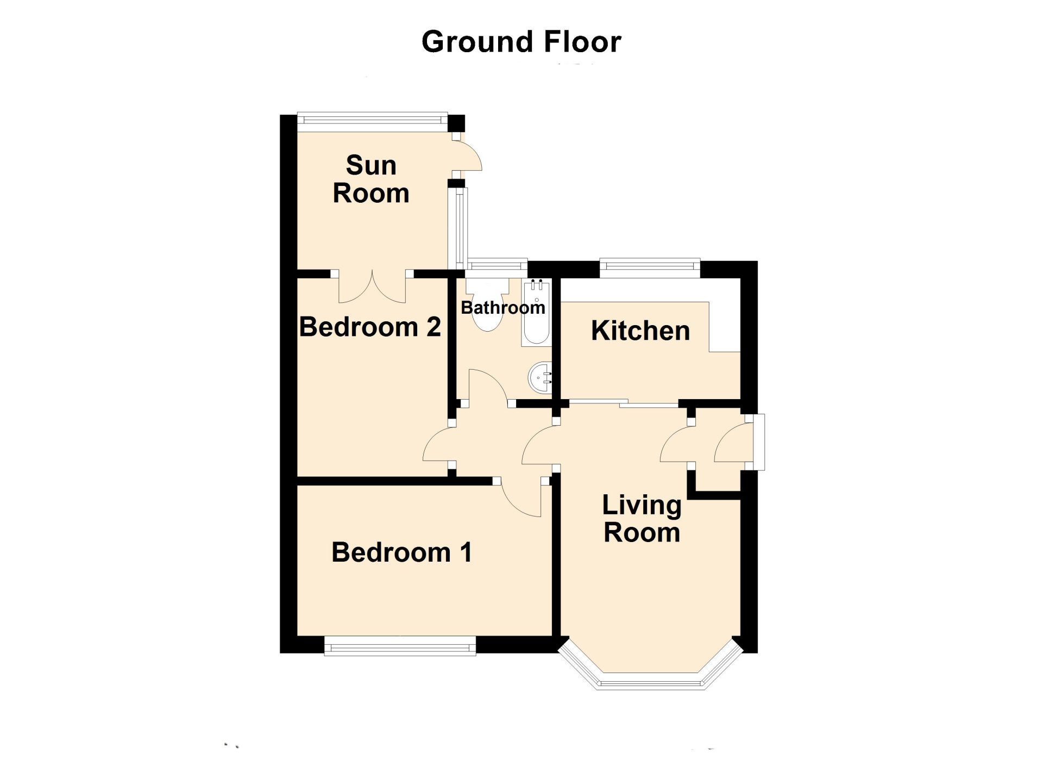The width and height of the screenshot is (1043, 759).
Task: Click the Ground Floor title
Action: (x=521, y=42)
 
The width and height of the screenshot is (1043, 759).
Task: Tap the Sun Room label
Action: (x=371, y=179)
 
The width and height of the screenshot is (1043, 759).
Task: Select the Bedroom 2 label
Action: (x=370, y=327)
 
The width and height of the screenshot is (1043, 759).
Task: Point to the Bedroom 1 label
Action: (x=401, y=552)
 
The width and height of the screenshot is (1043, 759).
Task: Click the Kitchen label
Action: (x=640, y=331)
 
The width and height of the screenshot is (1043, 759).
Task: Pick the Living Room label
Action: (x=642, y=519)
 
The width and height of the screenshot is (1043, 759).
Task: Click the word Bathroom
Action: (x=502, y=308)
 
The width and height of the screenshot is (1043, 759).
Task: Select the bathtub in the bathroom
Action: (x=537, y=313)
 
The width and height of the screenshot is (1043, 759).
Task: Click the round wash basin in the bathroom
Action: (x=541, y=377)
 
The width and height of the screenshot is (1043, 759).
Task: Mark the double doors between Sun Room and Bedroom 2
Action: (x=372, y=287)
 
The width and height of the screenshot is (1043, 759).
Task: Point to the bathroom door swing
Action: (x=487, y=387)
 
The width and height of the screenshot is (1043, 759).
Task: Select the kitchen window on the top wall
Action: (x=650, y=266)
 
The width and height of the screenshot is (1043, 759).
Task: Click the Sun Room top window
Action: (x=372, y=121)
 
